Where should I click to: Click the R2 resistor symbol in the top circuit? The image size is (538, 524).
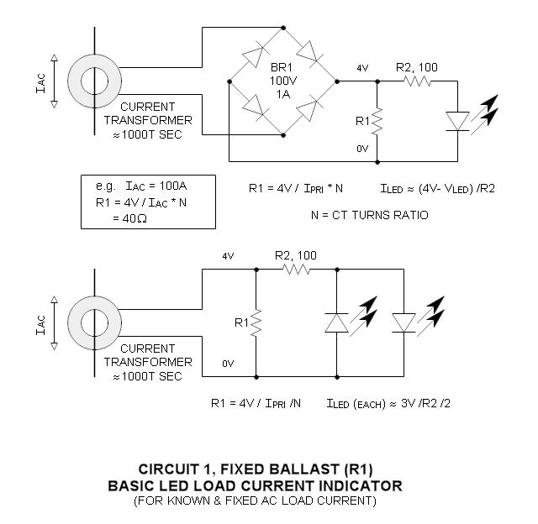(417, 81)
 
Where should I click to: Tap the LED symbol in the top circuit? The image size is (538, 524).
(457, 121)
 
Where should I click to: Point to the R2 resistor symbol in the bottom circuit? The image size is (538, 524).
(296, 270)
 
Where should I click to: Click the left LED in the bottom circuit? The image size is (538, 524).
(336, 322)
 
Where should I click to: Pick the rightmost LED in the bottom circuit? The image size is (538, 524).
(403, 322)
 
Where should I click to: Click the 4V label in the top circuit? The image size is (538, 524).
(362, 68)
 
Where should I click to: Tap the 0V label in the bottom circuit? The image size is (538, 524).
(228, 364)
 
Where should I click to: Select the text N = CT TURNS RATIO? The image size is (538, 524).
(369, 215)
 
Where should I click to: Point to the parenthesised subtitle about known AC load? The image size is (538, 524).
(254, 501)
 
